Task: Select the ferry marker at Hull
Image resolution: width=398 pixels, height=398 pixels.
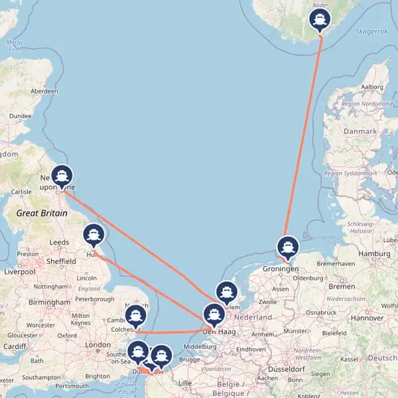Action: point(94,235)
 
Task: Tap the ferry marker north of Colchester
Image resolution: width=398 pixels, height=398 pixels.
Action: point(135,316)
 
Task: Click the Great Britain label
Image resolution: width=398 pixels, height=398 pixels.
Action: point(41,213)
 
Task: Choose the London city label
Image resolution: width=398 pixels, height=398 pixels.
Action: point(98,345)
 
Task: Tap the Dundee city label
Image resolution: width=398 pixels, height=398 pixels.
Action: point(20,116)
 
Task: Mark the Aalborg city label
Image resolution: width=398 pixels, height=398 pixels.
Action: point(371,87)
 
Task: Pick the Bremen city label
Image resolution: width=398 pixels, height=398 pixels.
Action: point(342,286)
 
